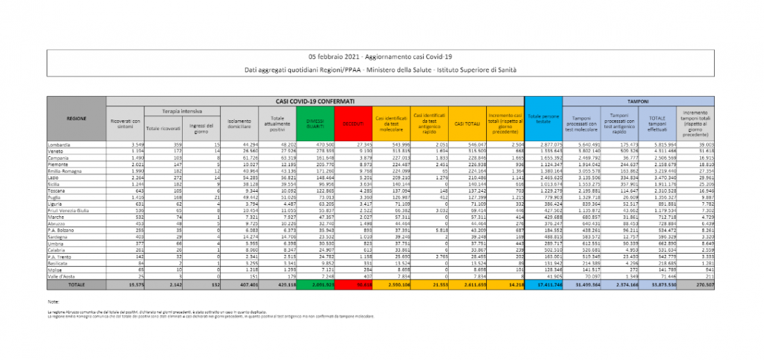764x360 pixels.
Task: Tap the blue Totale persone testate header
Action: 542,119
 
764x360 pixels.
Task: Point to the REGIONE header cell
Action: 76,119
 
